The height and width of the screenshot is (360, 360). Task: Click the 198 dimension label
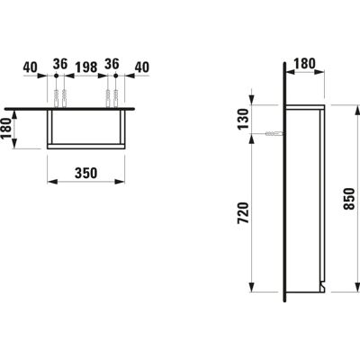(x=85, y=67)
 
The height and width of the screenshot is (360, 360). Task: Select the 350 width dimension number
(x=85, y=173)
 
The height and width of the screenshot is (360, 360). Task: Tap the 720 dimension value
(x=243, y=213)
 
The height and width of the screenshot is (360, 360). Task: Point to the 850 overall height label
(x=349, y=199)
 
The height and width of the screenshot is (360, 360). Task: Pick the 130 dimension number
(x=243, y=119)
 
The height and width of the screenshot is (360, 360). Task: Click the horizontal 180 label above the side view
(x=304, y=64)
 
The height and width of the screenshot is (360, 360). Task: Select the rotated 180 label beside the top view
(x=6, y=128)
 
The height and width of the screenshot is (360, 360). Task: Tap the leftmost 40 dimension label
(x=31, y=67)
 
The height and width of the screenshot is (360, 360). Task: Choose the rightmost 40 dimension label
(x=141, y=67)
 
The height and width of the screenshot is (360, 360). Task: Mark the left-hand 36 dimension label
(x=60, y=64)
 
